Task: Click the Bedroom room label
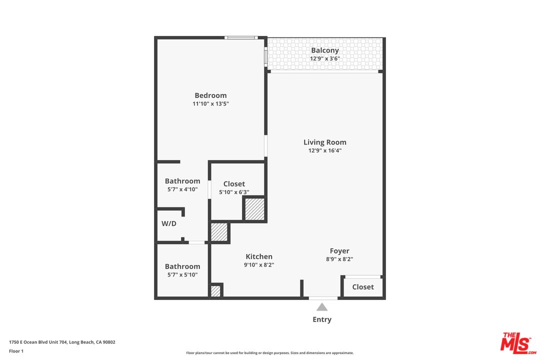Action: (210, 95)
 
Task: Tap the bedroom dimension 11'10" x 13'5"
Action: (210, 104)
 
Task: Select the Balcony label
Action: (325, 50)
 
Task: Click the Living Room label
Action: (325, 142)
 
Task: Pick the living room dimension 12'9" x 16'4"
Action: (325, 150)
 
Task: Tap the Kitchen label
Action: (259, 256)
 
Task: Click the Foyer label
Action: (339, 251)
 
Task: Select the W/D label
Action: (169, 223)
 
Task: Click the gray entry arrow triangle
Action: (322, 307)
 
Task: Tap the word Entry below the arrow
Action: (322, 319)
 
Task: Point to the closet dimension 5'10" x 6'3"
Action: (234, 192)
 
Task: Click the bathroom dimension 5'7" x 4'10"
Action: (182, 189)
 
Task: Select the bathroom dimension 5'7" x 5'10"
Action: (182, 275)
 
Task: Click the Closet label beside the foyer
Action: (363, 287)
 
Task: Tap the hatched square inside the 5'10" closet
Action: (254, 209)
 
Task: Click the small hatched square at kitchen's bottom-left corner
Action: (215, 291)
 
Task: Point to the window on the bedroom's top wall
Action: (240, 37)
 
